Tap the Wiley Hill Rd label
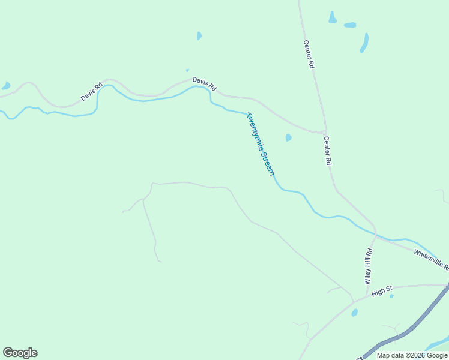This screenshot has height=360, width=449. pyautogui.click(x=369, y=266)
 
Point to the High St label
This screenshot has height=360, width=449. pyautogui.click(x=381, y=292)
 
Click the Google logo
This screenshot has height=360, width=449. pyautogui.click(x=20, y=353)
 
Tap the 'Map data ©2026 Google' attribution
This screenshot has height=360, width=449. pyautogui.click(x=412, y=355)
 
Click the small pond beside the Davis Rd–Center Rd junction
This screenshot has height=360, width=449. pyautogui.click(x=289, y=137)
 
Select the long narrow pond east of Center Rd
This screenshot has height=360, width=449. pyautogui.click(x=364, y=42)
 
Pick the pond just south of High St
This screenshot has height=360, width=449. pyautogui.click(x=355, y=313)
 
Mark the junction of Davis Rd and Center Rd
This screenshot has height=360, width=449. pyautogui.click(x=323, y=132)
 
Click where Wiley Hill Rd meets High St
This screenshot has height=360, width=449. pyautogui.click(x=366, y=296)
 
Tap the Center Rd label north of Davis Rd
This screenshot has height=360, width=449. pyautogui.click(x=309, y=54)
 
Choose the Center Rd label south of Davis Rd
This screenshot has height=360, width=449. pyautogui.click(x=328, y=151)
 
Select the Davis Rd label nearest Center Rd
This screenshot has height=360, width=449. pyautogui.click(x=204, y=83)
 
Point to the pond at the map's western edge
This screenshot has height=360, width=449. pyautogui.click(x=6, y=86)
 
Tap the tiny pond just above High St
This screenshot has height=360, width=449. pyautogui.click(x=391, y=296)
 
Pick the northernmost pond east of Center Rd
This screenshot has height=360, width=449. pyautogui.click(x=332, y=17)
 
